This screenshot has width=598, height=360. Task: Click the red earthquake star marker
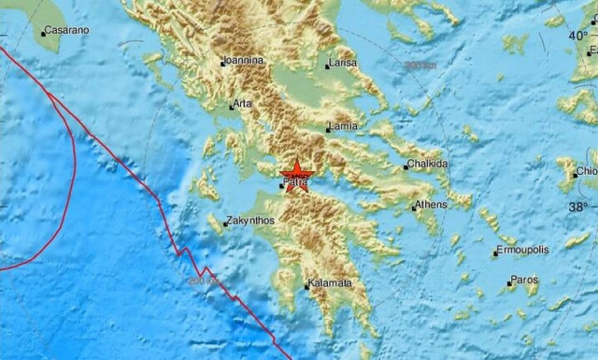(x=296, y=172)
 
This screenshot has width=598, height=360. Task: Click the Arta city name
(x=242, y=104)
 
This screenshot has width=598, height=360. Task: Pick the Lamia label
(x=343, y=128)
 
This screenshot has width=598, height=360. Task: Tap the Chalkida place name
(x=429, y=165)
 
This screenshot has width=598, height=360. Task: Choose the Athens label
(x=433, y=205)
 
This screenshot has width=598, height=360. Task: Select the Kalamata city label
(x=330, y=282)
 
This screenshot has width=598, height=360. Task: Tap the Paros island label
(x=527, y=281)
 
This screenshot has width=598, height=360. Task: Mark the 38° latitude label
(x=581, y=206)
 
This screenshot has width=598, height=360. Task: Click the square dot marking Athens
(x=414, y=207)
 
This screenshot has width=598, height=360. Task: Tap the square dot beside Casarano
(x=43, y=34)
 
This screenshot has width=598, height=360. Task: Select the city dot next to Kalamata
(x=306, y=283)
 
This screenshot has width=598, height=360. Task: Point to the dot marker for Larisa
(x=327, y=66)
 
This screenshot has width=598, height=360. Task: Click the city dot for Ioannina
(x=221, y=64)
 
